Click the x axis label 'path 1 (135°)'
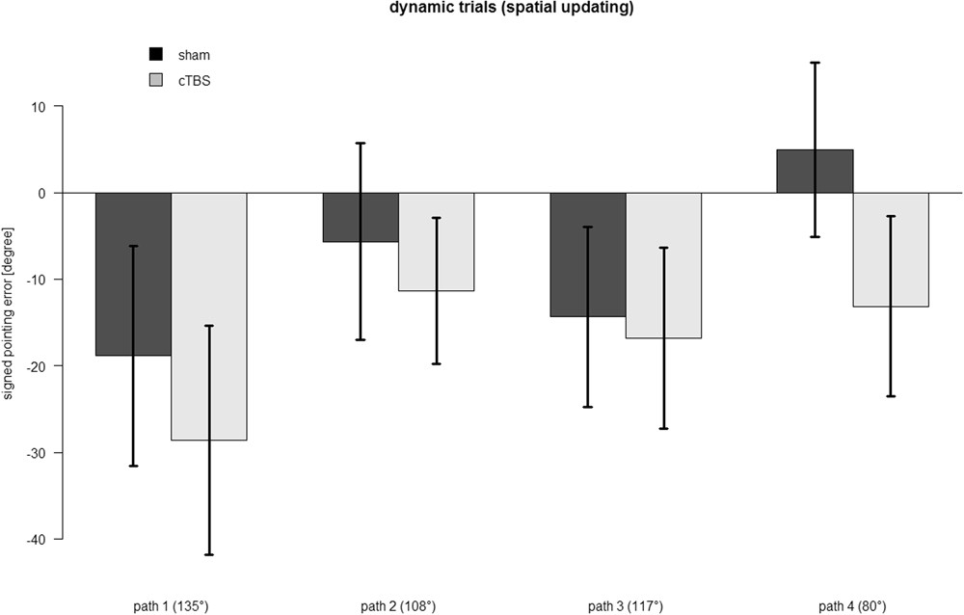171,606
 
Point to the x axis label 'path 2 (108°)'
398,606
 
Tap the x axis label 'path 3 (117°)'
626,606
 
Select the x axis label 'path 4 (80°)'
853,606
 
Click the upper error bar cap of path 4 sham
815,63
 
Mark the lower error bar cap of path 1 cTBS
209,555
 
